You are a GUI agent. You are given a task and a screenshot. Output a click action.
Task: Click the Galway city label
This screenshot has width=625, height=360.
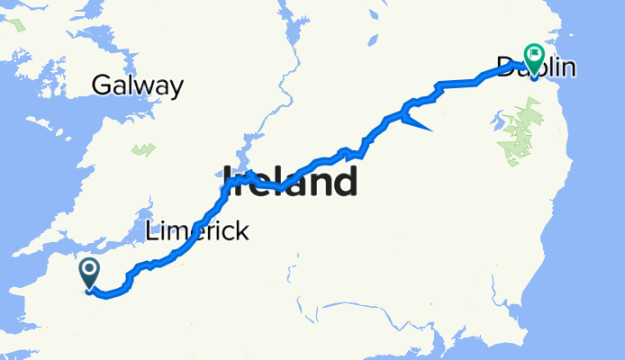[x=138, y=86]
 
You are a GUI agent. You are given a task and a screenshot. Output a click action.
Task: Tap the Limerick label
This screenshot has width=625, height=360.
[x=196, y=232]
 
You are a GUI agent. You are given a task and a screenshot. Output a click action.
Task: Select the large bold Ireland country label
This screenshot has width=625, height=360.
[x=290, y=182]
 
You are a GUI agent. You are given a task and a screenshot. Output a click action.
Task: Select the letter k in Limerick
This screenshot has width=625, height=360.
[x=242, y=232]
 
